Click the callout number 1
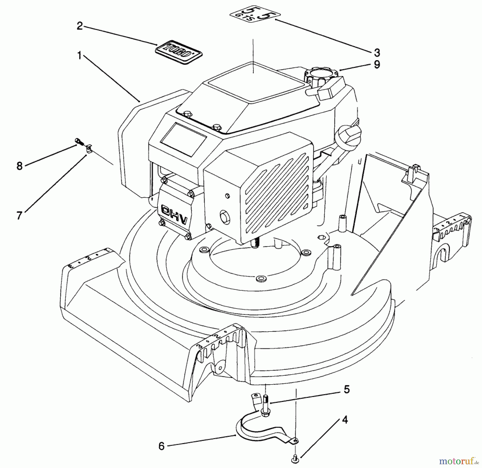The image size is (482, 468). (79, 56)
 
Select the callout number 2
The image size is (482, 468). (80, 26)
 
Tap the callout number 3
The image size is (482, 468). (377, 53)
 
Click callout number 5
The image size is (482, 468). (347, 389)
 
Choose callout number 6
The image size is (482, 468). (161, 446)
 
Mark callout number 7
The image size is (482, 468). (19, 215)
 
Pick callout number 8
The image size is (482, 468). (19, 166)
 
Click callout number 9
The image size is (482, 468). (377, 64)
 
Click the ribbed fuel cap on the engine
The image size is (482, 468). (317, 75)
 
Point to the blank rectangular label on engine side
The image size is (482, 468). (183, 140)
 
